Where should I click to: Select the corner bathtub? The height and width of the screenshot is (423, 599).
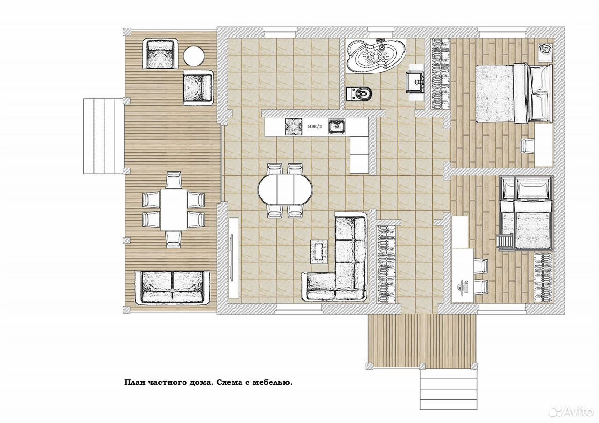(x=376, y=55)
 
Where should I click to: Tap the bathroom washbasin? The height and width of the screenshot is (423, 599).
(x=415, y=81)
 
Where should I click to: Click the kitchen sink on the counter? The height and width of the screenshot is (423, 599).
(x=336, y=126)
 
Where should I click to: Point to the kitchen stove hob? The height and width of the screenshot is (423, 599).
(x=293, y=127)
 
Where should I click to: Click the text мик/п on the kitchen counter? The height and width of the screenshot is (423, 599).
(x=315, y=126)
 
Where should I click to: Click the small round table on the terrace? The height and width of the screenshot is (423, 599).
(x=194, y=56)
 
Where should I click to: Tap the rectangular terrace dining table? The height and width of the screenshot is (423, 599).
(x=174, y=209)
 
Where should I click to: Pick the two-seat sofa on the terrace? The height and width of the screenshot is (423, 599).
(x=172, y=287)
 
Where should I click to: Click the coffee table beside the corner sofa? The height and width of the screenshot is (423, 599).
(x=319, y=252)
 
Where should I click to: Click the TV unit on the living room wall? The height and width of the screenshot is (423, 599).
(x=234, y=257)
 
